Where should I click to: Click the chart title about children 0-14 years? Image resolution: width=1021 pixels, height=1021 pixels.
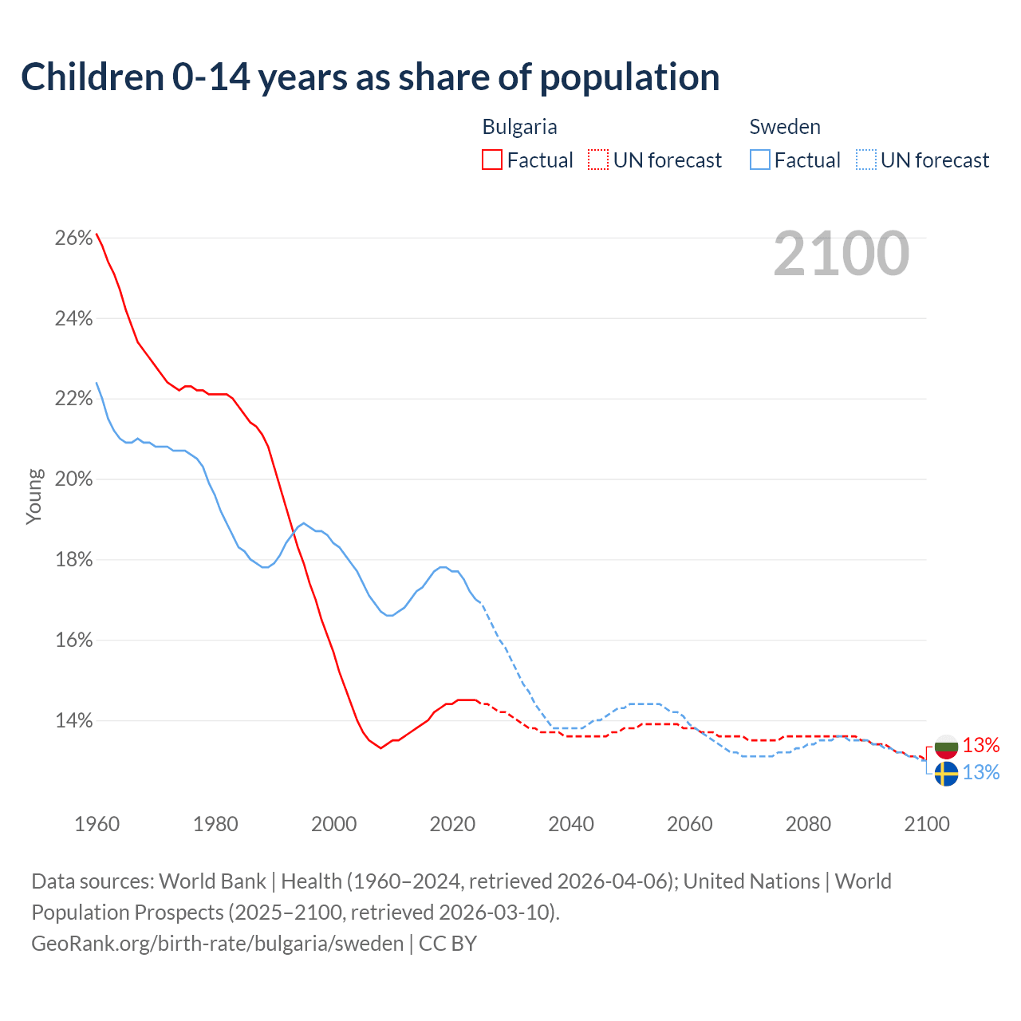(370, 77)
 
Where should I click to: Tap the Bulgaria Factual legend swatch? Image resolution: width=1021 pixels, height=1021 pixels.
(492, 160)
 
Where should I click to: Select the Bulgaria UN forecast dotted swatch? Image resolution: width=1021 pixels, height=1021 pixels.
(598, 160)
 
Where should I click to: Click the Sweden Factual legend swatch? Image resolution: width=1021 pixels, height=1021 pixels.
(760, 160)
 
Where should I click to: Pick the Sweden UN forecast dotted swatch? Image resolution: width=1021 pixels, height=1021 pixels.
(866, 160)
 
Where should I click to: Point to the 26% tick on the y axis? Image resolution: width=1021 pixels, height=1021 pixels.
(74, 238)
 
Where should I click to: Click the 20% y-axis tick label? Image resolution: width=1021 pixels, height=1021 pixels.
(74, 479)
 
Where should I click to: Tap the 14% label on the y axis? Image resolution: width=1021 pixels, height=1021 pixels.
(74, 721)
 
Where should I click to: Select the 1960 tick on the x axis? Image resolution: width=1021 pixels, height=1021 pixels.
(97, 824)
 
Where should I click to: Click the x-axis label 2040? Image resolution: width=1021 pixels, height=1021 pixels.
(571, 824)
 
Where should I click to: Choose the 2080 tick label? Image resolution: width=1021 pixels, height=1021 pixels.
(808, 824)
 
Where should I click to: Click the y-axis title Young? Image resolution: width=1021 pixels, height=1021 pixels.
(34, 496)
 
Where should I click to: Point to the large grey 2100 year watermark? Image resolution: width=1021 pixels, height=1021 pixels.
(842, 254)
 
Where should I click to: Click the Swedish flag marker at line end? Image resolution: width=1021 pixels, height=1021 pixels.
(946, 774)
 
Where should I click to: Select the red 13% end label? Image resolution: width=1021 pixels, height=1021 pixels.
(981, 745)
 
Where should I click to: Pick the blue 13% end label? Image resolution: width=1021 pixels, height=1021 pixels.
(981, 772)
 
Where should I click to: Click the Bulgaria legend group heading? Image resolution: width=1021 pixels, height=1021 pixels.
(520, 127)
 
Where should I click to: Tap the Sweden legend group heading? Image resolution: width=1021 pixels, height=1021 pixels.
(785, 127)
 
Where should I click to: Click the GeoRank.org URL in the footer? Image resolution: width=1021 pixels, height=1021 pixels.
(218, 943)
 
